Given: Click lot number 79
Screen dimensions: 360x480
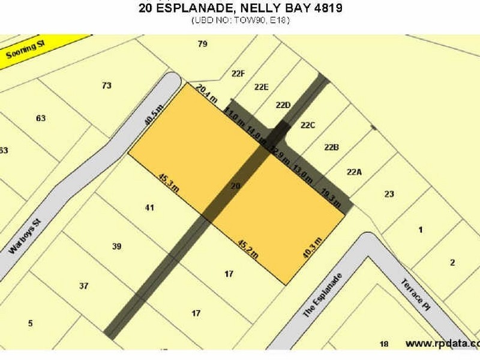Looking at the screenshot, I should point(202,44).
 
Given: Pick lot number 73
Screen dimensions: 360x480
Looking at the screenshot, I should point(106,86).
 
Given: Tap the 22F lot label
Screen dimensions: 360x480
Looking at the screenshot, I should point(238,74).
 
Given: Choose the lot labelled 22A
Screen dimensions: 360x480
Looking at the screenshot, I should point(355,172).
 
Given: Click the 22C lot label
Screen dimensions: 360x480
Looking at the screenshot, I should point(308,125).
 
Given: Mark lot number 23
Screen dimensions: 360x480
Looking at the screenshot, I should point(389,194).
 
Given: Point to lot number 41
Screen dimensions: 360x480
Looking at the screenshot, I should point(150,208).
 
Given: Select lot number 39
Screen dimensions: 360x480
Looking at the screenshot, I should point(117,246).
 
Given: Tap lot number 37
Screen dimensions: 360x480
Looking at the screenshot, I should point(84,286).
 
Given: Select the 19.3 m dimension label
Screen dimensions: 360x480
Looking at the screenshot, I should point(331,199).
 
